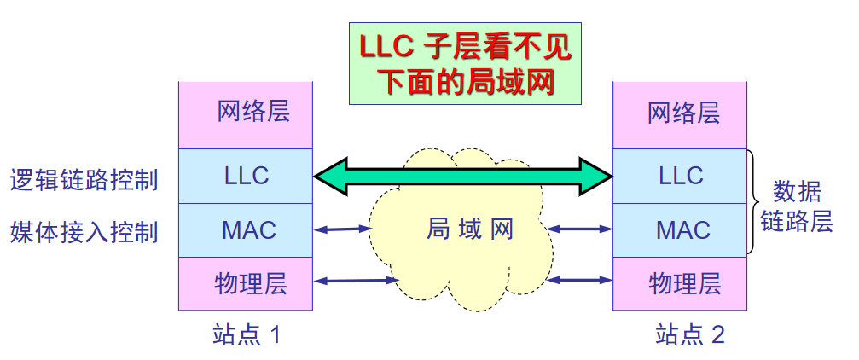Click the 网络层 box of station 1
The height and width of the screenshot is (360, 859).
(246, 114)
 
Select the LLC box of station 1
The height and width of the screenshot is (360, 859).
(246, 177)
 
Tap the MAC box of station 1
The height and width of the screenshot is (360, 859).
(246, 229)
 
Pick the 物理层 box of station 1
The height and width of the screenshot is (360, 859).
(246, 282)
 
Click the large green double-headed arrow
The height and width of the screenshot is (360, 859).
(463, 177)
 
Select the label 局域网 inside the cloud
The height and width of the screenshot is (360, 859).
(469, 229)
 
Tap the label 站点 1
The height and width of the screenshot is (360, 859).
(246, 334)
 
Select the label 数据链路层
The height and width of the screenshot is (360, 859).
(798, 206)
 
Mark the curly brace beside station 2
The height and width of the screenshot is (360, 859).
(754, 202)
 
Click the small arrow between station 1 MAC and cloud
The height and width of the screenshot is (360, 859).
(341, 229)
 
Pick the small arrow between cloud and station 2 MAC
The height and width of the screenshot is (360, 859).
(581, 229)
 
